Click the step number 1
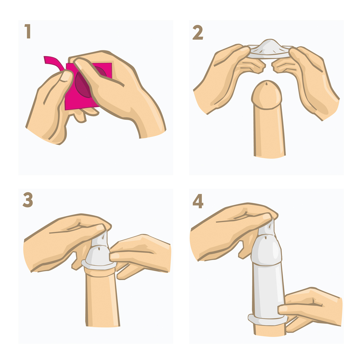[x=28, y=31]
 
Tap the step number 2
[x=198, y=33]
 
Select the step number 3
[x=28, y=200]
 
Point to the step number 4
[x=198, y=201]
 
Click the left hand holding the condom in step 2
[x=228, y=79]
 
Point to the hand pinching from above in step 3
[x=65, y=241]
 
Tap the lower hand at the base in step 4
[x=312, y=309]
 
